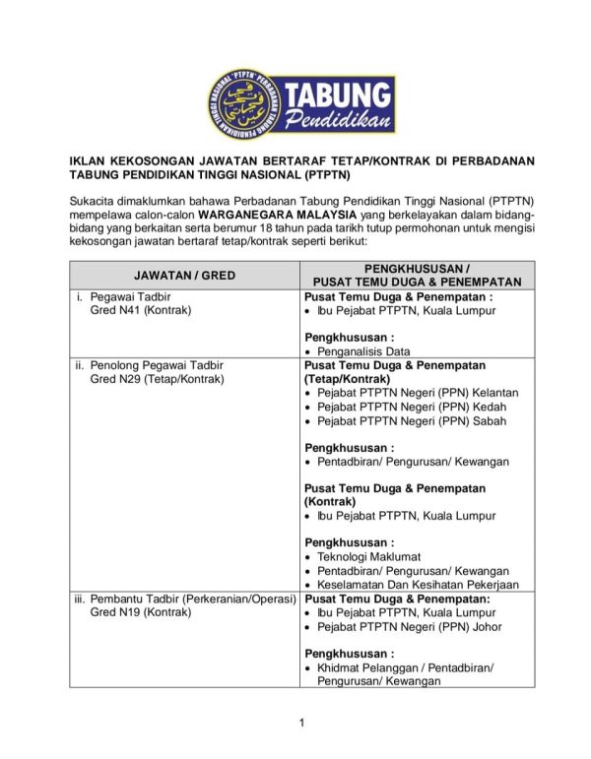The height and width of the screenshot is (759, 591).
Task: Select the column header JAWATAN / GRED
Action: (x=184, y=275)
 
